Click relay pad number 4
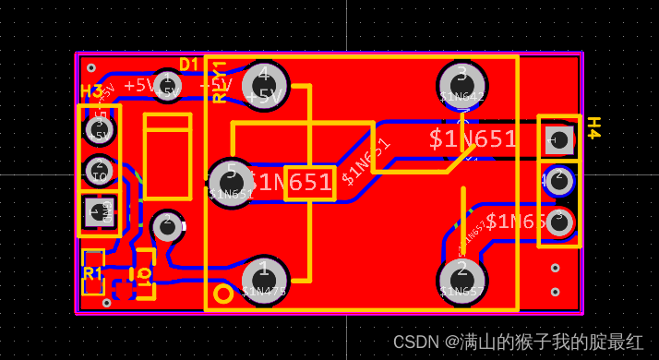pyautogui.click(x=265, y=85)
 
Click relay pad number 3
pyautogui.click(x=461, y=84)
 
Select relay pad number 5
pyautogui.click(x=231, y=182)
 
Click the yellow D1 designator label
pyautogui.click(x=189, y=65)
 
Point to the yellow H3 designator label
pyautogui.click(x=91, y=92)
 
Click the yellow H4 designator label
pyautogui.click(x=593, y=127)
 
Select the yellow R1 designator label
pyautogui.click(x=92, y=273)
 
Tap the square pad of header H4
pyautogui.click(x=558, y=141)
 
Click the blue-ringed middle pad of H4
pyautogui.click(x=559, y=180)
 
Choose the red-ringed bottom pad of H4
pyautogui.click(x=558, y=222)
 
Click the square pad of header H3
pyautogui.click(x=98, y=212)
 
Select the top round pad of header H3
pyautogui.click(x=99, y=129)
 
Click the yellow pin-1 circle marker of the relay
pyautogui.click(x=223, y=294)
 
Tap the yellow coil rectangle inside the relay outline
pyautogui.click(x=309, y=182)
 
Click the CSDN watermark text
pyautogui.click(x=518, y=342)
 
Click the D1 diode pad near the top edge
pyautogui.click(x=167, y=86)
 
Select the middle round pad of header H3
pyautogui.click(x=99, y=171)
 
